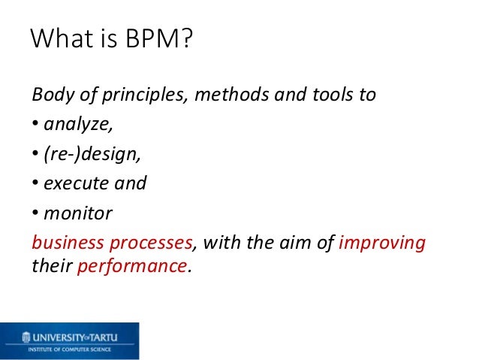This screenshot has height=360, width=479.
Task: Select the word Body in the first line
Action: click(50, 96)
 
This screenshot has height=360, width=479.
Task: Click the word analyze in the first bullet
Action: click(75, 126)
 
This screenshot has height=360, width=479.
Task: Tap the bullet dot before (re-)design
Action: click(35, 155)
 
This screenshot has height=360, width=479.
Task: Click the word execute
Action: click(74, 184)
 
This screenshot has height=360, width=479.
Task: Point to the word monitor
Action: click(77, 213)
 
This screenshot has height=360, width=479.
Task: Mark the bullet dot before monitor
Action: click(35, 213)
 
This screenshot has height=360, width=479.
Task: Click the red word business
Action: click(64, 243)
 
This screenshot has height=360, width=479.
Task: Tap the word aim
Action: click(304, 243)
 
